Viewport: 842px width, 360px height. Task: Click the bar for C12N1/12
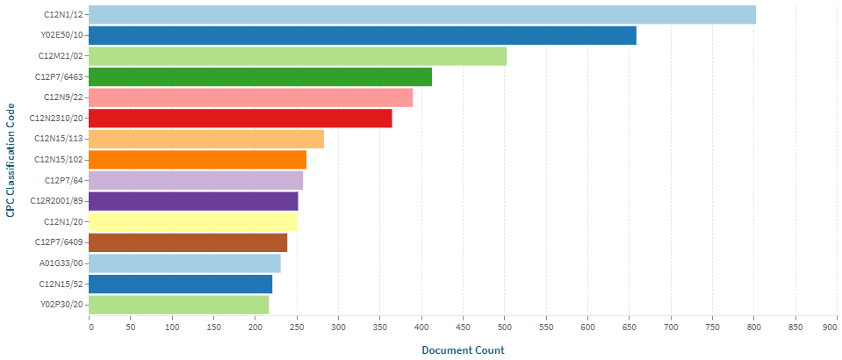[x=422, y=15]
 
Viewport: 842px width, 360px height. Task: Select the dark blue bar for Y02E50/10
[x=363, y=35]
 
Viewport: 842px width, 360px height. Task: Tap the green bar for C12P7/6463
[x=261, y=77]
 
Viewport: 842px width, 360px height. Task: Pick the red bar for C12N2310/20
[x=241, y=119]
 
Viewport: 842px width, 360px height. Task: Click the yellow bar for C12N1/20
[x=193, y=222]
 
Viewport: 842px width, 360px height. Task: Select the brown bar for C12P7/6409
[x=189, y=242]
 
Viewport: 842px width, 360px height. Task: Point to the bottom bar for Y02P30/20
[x=179, y=305]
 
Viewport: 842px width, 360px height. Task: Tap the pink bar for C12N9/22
[x=251, y=97]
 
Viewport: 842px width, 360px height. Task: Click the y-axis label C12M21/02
[x=61, y=56]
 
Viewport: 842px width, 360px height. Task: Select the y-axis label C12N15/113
[x=59, y=139]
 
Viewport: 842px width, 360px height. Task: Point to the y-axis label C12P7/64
[x=64, y=180]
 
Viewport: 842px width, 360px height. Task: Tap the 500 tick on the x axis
[x=505, y=328]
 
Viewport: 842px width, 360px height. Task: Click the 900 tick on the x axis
[x=830, y=328]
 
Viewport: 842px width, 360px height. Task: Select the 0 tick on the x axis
[x=90, y=328]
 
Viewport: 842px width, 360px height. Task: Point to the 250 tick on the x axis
[x=297, y=328]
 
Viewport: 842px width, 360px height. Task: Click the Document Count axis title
[x=463, y=350]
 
